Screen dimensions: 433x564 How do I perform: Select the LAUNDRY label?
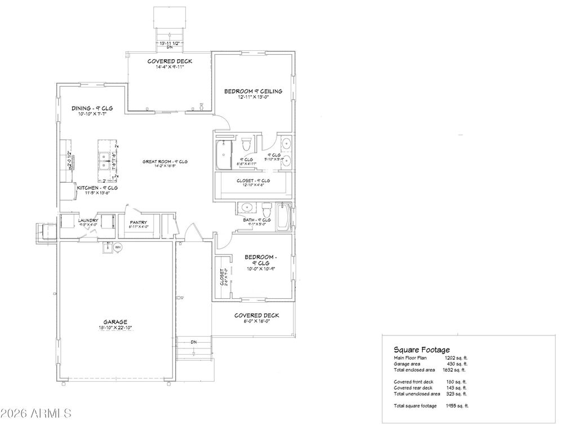point(88,220)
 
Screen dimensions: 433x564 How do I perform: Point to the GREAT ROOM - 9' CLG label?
point(165,162)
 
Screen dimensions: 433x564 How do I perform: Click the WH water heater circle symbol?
point(118,247)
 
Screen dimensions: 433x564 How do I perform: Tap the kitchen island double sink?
point(104,160)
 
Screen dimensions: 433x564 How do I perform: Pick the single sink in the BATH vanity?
point(247,207)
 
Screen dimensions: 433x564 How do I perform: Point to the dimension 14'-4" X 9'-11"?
point(170,67)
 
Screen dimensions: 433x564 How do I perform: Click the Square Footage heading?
point(421,350)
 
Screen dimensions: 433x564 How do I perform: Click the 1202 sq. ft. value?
point(456,358)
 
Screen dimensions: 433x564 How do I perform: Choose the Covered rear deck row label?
point(414,387)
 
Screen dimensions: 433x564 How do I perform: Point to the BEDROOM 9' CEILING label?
point(253,91)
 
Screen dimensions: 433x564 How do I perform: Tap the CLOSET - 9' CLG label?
point(253,180)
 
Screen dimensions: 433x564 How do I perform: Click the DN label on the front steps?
point(193,342)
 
